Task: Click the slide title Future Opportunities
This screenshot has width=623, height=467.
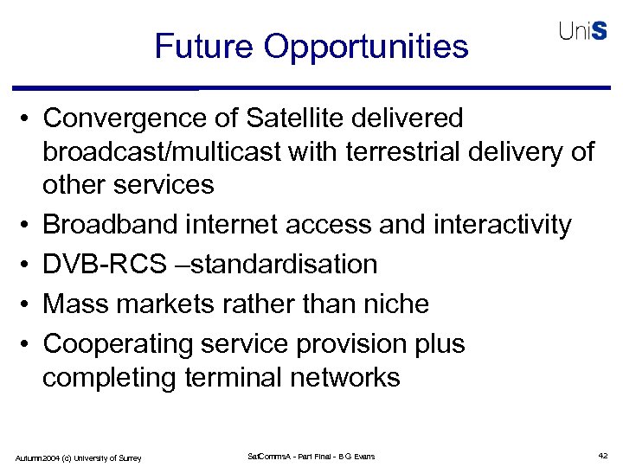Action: click(311, 46)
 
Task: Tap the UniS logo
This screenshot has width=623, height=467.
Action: click(582, 31)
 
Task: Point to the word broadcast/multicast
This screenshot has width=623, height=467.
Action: click(163, 151)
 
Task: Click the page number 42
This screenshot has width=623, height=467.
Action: click(602, 456)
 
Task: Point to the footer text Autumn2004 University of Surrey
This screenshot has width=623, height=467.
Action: click(78, 457)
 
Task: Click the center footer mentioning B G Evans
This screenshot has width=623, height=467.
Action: click(311, 456)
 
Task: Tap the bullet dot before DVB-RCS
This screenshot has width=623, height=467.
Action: click(29, 264)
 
